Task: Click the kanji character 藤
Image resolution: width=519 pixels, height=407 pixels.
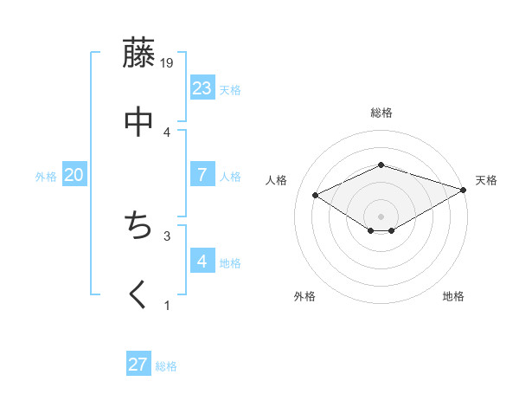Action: tap(138, 54)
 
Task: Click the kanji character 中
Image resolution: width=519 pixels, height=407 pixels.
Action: tap(138, 122)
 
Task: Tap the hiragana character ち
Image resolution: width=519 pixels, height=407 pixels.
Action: tap(138, 227)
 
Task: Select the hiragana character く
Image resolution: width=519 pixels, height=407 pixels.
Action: tap(138, 295)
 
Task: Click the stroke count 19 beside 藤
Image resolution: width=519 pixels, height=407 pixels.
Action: tap(168, 63)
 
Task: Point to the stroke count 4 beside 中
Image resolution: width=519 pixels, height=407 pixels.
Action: tap(168, 132)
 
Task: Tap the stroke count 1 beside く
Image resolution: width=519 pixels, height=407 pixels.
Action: tap(168, 305)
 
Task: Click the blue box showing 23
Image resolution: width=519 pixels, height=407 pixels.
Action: tap(202, 88)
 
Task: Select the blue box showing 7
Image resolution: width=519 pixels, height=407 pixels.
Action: tap(202, 175)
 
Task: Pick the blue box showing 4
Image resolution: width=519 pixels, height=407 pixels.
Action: tap(202, 262)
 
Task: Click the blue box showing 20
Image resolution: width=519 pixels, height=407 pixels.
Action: tap(74, 175)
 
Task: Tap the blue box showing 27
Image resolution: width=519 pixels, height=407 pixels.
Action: tap(138, 365)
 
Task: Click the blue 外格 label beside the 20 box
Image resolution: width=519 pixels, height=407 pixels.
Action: tap(46, 177)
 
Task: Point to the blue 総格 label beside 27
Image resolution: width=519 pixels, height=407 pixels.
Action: tap(166, 366)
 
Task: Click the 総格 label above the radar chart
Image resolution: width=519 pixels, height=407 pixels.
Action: tap(381, 113)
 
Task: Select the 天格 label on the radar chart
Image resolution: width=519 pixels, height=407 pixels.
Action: tap(486, 180)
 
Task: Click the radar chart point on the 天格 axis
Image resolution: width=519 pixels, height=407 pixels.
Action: tap(465, 189)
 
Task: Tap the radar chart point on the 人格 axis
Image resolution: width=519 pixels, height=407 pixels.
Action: tap(316, 195)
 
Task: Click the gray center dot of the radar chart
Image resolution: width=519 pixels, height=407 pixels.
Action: tap(381, 216)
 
